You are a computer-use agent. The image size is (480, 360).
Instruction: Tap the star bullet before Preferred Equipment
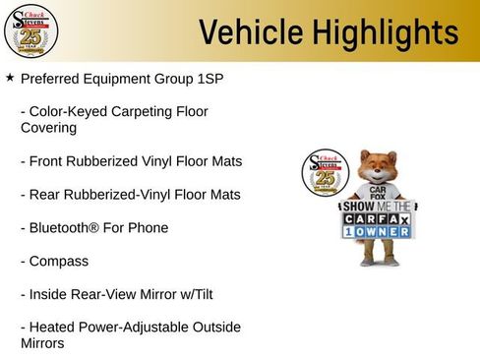tap(10, 77)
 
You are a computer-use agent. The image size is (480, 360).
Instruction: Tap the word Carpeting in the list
tap(135, 112)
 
